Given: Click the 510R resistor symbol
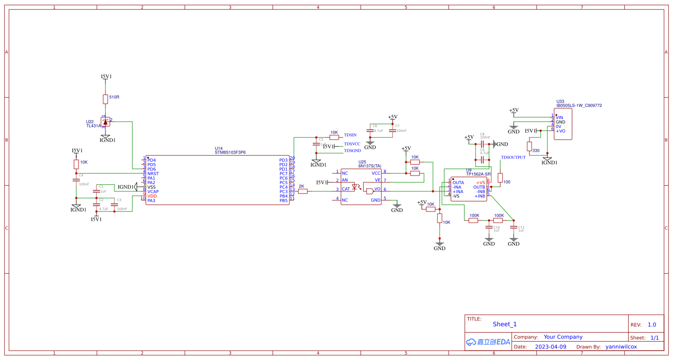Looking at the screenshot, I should [x=105, y=99].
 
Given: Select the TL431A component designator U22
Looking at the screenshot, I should [x=90, y=122].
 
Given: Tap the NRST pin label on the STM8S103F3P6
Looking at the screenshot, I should [x=153, y=174].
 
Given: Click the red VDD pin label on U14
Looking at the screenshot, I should [x=152, y=196].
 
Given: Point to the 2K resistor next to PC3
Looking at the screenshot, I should [x=303, y=191].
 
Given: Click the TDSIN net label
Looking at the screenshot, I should [x=350, y=135].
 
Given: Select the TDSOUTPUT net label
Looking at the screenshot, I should [x=513, y=158].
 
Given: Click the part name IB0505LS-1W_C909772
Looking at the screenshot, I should [x=579, y=105].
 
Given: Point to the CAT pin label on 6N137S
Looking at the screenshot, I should [x=345, y=189].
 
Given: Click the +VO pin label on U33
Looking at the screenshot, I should [x=560, y=131].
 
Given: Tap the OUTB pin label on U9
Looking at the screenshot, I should [x=479, y=187].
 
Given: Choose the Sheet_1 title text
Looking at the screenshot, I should [x=505, y=324].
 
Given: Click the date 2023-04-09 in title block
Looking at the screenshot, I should [x=551, y=347].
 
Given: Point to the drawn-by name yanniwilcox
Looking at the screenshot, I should [x=621, y=347].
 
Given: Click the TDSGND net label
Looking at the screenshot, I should [x=352, y=150].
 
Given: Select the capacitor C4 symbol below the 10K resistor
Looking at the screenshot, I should [x=76, y=180].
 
